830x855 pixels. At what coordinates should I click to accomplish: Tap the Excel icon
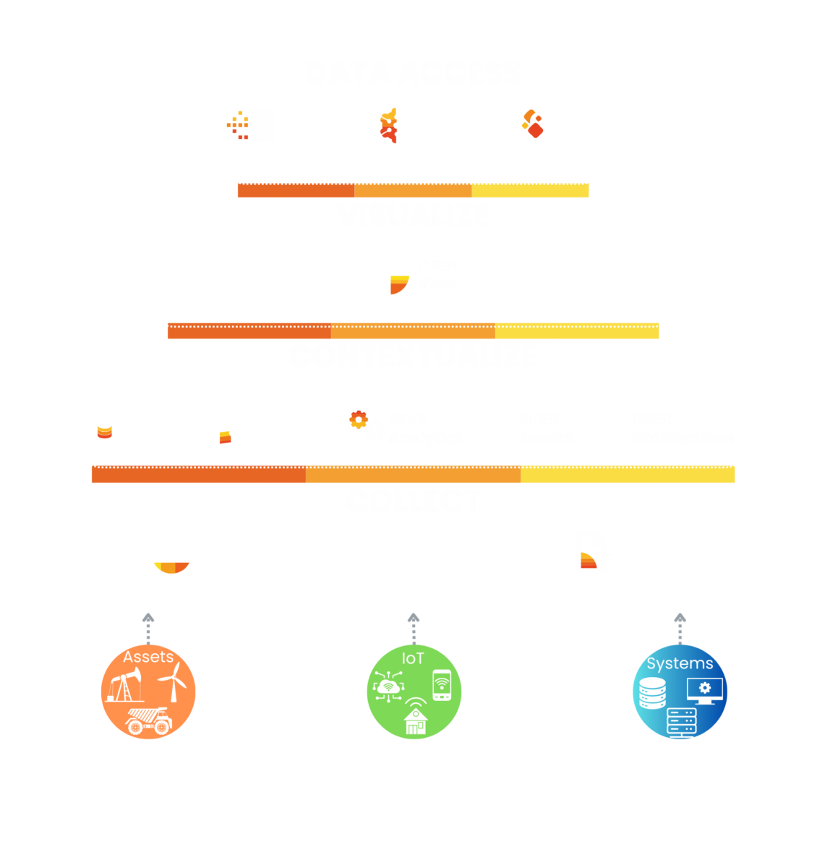[252, 126]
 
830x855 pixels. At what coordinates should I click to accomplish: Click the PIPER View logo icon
[390, 275]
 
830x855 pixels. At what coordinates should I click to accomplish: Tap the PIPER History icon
[103, 428]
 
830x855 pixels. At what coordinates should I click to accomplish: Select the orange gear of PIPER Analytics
[358, 419]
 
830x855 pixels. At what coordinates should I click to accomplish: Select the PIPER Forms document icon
[592, 552]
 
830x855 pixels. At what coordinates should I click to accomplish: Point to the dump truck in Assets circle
[148, 720]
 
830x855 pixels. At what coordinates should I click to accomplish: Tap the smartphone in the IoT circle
[441, 685]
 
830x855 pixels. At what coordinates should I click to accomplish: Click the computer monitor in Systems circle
[705, 690]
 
